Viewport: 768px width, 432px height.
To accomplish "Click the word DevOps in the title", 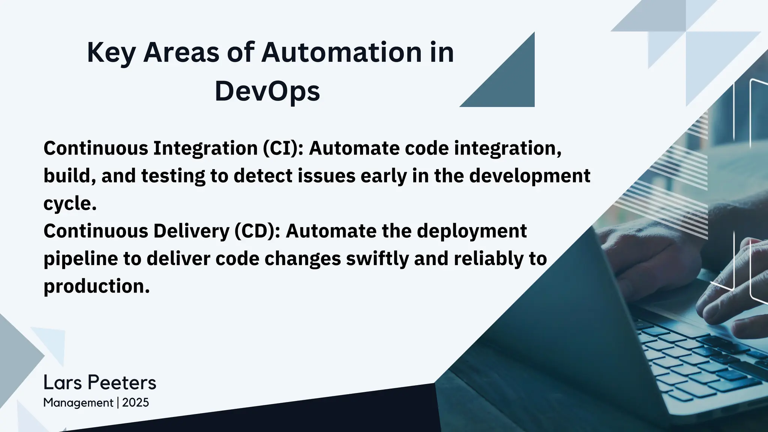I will pyautogui.click(x=267, y=91).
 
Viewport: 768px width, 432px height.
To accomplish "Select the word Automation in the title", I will pyautogui.click(x=341, y=52).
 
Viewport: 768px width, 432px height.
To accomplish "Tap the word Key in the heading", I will pyautogui.click(x=111, y=52).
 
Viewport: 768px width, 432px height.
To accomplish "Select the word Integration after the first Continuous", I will pyautogui.click(x=205, y=148).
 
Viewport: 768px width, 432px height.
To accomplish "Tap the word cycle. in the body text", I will pyautogui.click(x=70, y=204).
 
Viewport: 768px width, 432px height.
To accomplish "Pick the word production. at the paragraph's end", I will pyautogui.click(x=97, y=286).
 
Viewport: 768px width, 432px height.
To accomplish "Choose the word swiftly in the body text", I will pyautogui.click(x=377, y=259).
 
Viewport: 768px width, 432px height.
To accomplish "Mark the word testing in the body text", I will pyautogui.click(x=173, y=176).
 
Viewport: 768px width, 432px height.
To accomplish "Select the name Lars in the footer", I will pyautogui.click(x=63, y=383).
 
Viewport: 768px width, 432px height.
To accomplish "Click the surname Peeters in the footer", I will pyautogui.click(x=122, y=383).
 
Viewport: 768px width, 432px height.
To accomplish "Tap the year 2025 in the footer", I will pyautogui.click(x=135, y=403).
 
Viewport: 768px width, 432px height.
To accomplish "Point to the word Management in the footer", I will pyautogui.click(x=78, y=403).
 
